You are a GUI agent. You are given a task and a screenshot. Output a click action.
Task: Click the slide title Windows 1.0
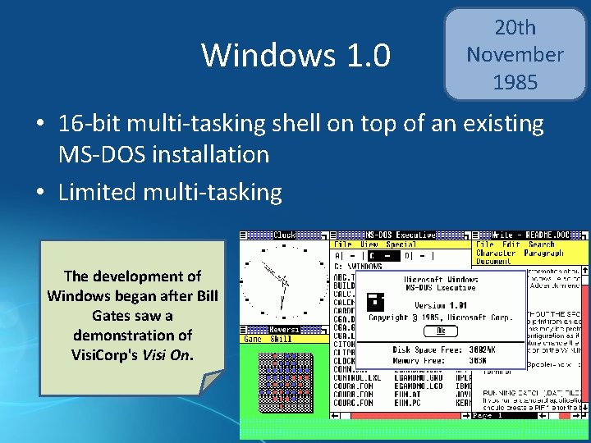tap(296, 55)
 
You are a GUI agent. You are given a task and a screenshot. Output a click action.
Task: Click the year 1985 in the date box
tap(515, 83)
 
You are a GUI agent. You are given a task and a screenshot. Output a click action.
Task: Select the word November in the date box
tap(515, 55)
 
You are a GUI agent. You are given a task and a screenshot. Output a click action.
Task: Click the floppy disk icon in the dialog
tap(377, 303)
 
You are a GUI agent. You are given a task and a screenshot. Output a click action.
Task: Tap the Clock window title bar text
tap(284, 235)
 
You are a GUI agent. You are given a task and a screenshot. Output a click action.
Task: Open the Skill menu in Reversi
tap(281, 338)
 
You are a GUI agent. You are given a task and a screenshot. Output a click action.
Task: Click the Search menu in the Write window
tap(541, 244)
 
